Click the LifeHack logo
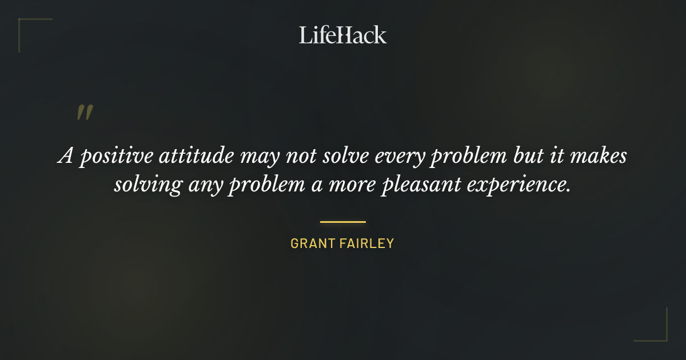[342, 35]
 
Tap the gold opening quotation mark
[84, 113]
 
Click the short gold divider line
[342, 222]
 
